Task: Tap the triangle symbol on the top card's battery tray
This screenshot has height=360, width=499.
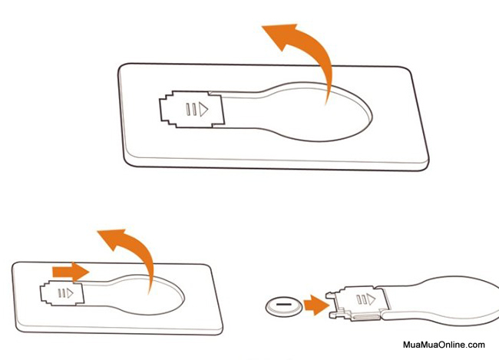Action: tap(203, 109)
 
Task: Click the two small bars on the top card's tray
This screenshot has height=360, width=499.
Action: tap(191, 109)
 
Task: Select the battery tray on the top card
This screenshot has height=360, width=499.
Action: tap(192, 109)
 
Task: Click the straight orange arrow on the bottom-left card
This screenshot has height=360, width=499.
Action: tap(71, 272)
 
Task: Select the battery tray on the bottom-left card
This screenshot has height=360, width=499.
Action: tap(62, 293)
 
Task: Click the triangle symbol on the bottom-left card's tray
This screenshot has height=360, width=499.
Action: tap(70, 293)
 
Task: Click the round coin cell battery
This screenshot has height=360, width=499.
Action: tap(284, 306)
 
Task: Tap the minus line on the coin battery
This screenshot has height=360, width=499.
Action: tap(284, 304)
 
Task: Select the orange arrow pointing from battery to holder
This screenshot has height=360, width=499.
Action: tap(316, 305)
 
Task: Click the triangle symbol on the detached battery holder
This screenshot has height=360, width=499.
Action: tap(371, 299)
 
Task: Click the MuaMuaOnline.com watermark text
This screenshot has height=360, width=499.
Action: tap(444, 345)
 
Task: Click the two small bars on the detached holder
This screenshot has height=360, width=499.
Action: tap(362, 299)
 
